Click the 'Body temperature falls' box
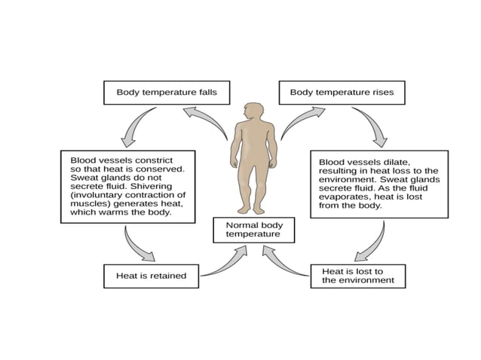pyautogui.click(x=166, y=93)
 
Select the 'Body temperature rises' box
pyautogui.click(x=342, y=93)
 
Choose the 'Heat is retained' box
pyautogui.click(x=151, y=276)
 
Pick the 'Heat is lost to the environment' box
pyautogui.click(x=357, y=276)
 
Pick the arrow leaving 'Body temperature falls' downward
pyautogui.click(x=136, y=126)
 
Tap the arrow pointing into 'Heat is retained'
pyautogui.click(x=138, y=246)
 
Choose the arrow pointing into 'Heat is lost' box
pyautogui.click(x=369, y=244)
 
